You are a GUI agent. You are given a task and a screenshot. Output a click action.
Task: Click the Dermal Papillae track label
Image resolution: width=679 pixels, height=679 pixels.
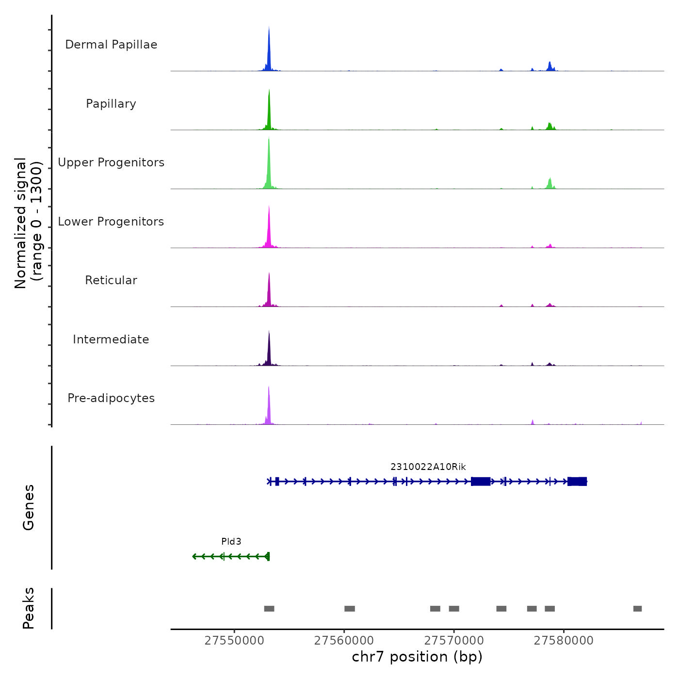pyautogui.click(x=111, y=45)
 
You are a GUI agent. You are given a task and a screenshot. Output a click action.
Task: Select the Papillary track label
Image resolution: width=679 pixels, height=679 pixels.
pyautogui.click(x=111, y=104)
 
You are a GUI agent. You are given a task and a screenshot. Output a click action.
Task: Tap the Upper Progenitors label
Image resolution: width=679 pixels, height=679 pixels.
pyautogui.click(x=111, y=162)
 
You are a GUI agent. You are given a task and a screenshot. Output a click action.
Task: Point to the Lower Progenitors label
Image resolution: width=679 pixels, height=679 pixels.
pyautogui.click(x=111, y=222)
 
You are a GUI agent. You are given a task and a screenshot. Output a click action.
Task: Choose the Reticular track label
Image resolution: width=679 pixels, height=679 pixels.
pyautogui.click(x=111, y=280)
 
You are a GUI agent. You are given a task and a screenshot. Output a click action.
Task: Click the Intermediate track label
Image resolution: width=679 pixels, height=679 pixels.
pyautogui.click(x=111, y=339)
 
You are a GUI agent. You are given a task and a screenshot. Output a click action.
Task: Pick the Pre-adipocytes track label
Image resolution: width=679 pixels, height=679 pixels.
pyautogui.click(x=111, y=398)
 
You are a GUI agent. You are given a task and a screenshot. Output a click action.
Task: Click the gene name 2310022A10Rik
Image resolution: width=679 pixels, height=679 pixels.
pyautogui.click(x=428, y=467)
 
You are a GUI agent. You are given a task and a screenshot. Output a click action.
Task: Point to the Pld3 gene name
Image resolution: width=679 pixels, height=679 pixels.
pyautogui.click(x=231, y=542)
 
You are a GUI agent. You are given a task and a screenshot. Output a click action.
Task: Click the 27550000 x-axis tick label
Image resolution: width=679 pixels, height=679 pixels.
pyautogui.click(x=234, y=641)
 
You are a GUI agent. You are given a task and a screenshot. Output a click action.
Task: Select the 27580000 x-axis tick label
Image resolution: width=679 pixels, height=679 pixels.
pyautogui.click(x=564, y=641)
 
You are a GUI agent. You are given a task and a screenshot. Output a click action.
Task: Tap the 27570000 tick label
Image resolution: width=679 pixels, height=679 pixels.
pyautogui.click(x=454, y=641)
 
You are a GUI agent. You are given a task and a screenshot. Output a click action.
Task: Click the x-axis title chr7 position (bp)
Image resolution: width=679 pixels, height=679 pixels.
pyautogui.click(x=417, y=657)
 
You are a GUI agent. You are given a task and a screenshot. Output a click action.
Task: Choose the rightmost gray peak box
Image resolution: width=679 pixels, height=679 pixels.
pyautogui.click(x=637, y=609)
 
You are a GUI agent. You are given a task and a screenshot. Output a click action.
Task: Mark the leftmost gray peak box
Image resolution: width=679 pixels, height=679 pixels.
pyautogui.click(x=269, y=609)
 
